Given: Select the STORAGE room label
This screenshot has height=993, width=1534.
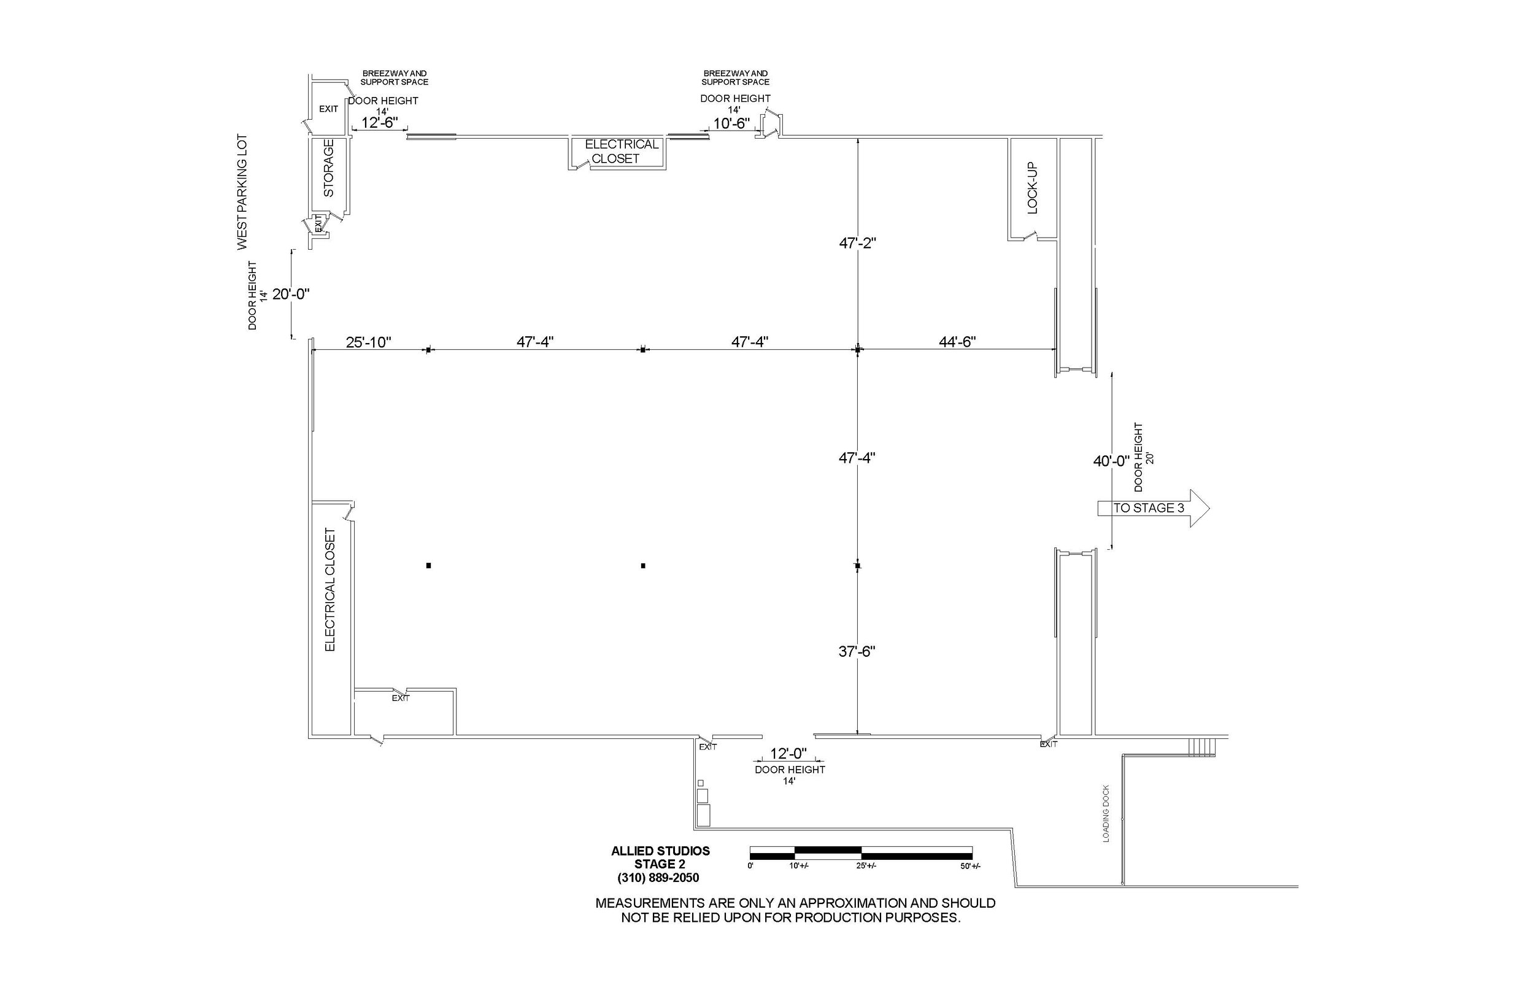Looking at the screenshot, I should pyautogui.click(x=329, y=168).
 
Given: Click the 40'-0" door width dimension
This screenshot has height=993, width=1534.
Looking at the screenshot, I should pyautogui.click(x=1111, y=461).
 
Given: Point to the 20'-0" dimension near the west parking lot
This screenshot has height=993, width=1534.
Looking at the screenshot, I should pyautogui.click(x=291, y=294).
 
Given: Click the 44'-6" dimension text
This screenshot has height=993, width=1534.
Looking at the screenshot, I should pyautogui.click(x=957, y=341).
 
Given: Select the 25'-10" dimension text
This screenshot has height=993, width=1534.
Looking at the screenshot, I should pyautogui.click(x=369, y=342).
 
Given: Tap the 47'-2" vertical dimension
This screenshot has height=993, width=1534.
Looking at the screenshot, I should pyautogui.click(x=857, y=243).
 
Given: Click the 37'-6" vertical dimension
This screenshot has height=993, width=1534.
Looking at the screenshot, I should pyautogui.click(x=857, y=651).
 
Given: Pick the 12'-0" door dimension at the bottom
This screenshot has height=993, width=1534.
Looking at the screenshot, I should pyautogui.click(x=788, y=753).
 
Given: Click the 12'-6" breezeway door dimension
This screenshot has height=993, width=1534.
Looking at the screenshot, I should pyautogui.click(x=380, y=123).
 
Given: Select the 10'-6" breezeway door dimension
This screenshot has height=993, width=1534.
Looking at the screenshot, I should pyautogui.click(x=731, y=123).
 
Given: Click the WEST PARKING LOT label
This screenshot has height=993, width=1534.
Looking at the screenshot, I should pyautogui.click(x=242, y=191).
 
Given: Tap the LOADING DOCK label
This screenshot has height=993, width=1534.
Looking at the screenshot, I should pyautogui.click(x=1106, y=813).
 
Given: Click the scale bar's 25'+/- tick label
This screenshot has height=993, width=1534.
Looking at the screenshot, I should pyautogui.click(x=866, y=866).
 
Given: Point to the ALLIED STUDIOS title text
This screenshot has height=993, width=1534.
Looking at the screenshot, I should pyautogui.click(x=660, y=851).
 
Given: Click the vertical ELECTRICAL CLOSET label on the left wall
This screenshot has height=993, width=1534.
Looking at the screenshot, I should pyautogui.click(x=330, y=590).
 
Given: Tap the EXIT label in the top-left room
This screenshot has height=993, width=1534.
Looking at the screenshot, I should pyautogui.click(x=329, y=109).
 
